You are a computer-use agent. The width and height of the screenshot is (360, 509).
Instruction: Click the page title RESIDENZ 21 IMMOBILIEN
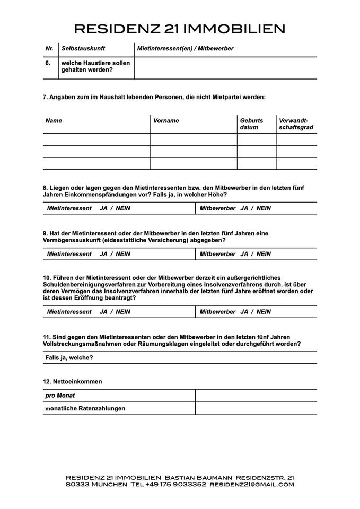[x=179, y=29]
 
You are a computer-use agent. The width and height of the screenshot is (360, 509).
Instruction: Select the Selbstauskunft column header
[x=83, y=49]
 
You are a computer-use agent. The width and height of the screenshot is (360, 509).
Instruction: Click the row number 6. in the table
[x=48, y=63]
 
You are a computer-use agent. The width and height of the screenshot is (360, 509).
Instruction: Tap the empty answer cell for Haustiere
[x=225, y=68]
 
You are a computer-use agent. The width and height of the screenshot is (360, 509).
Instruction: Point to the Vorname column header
[x=166, y=121]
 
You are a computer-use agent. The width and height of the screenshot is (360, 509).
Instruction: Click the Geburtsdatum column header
[x=251, y=124]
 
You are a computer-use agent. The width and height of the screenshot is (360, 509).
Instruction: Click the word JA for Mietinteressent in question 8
[x=104, y=208]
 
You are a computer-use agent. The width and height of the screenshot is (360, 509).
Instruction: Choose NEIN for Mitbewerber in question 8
[x=264, y=208]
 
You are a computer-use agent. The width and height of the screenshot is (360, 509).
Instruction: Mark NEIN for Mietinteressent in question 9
[x=123, y=254]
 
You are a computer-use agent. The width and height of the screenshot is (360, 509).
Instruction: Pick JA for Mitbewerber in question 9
[x=244, y=254]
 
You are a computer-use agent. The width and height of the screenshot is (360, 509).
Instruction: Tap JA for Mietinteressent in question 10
[x=104, y=312]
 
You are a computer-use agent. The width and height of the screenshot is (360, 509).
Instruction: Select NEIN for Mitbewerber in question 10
[x=264, y=312]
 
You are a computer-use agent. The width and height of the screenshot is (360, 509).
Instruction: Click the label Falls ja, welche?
[x=69, y=358]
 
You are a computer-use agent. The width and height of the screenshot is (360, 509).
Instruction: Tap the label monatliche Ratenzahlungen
[x=85, y=408]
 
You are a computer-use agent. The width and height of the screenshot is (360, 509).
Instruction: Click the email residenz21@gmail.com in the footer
[x=252, y=484]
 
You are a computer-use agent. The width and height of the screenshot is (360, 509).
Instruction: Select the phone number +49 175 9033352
[x=175, y=484]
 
